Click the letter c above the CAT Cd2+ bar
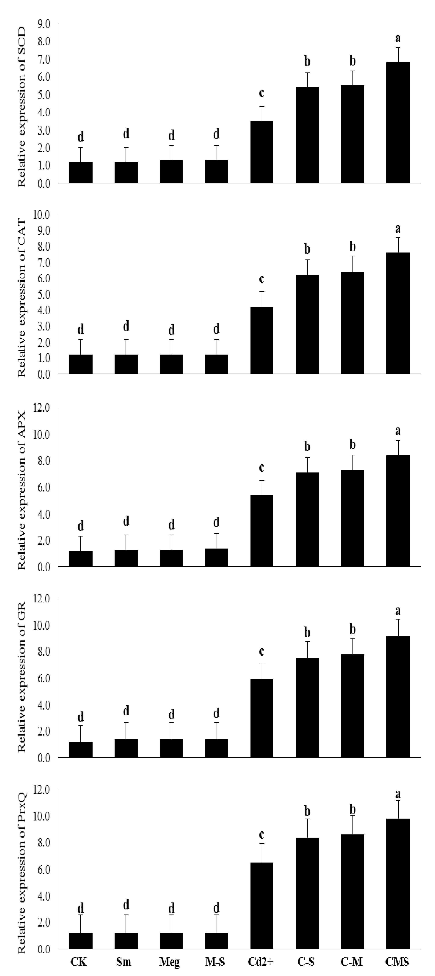pyautogui.click(x=261, y=279)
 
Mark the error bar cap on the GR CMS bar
pyautogui.click(x=398, y=620)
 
